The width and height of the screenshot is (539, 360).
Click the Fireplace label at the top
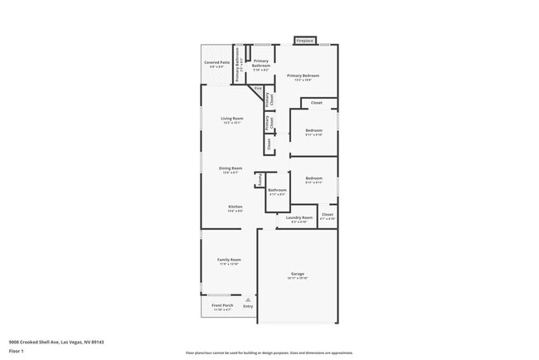click(x=304, y=41)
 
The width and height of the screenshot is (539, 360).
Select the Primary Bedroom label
click(x=303, y=75)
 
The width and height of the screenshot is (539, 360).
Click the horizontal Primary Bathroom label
click(x=261, y=61)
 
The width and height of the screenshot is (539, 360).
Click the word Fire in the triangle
click(x=259, y=87)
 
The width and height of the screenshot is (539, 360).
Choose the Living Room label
click(x=231, y=119)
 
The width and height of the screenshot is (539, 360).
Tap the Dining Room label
click(x=230, y=168)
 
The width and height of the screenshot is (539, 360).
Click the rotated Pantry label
click(x=259, y=179)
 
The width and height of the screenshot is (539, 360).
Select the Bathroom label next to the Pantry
click(x=277, y=190)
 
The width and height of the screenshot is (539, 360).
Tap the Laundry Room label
click(x=299, y=218)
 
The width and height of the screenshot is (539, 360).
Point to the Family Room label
click(x=229, y=260)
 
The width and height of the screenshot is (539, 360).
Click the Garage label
click(x=298, y=274)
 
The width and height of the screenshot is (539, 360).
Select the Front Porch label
click(x=221, y=305)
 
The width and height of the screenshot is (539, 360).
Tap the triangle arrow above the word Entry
click(x=248, y=299)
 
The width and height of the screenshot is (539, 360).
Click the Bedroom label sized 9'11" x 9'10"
click(x=313, y=130)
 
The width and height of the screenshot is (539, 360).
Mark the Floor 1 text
click(x=16, y=352)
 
